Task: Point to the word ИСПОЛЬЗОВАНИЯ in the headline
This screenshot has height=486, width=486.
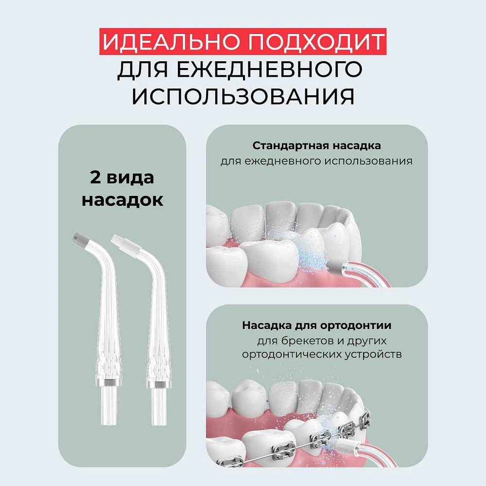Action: point(243,96)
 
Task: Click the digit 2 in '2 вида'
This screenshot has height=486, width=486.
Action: point(95,177)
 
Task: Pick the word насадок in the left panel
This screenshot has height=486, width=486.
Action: point(122,200)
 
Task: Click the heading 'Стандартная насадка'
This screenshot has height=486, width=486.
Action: point(316,145)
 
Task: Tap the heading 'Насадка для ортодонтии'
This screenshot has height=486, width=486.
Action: point(316,326)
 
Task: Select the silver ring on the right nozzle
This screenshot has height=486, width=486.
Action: point(159,384)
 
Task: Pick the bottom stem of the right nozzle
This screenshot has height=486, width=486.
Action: point(159,407)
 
